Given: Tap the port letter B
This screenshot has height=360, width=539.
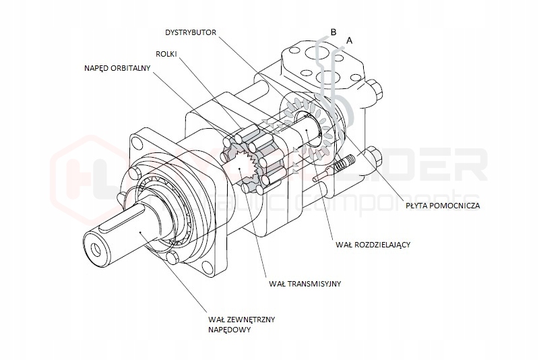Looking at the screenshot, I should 333,30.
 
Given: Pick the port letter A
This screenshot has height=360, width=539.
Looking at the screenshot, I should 348,40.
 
